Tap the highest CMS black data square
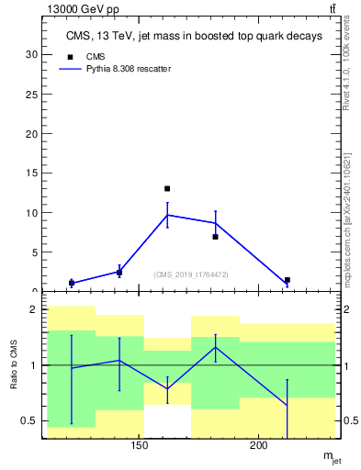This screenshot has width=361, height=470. click(x=167, y=188)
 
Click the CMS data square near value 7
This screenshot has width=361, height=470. click(x=215, y=237)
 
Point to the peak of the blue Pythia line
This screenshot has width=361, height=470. click(x=167, y=215)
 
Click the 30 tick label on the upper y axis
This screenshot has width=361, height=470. click(x=31, y=54)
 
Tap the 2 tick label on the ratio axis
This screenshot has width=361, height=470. click(x=34, y=310)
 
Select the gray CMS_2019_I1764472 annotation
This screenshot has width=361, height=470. click(x=191, y=274)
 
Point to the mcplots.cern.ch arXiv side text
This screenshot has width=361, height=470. click(x=346, y=206)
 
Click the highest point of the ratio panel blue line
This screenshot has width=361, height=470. click(x=215, y=347)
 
